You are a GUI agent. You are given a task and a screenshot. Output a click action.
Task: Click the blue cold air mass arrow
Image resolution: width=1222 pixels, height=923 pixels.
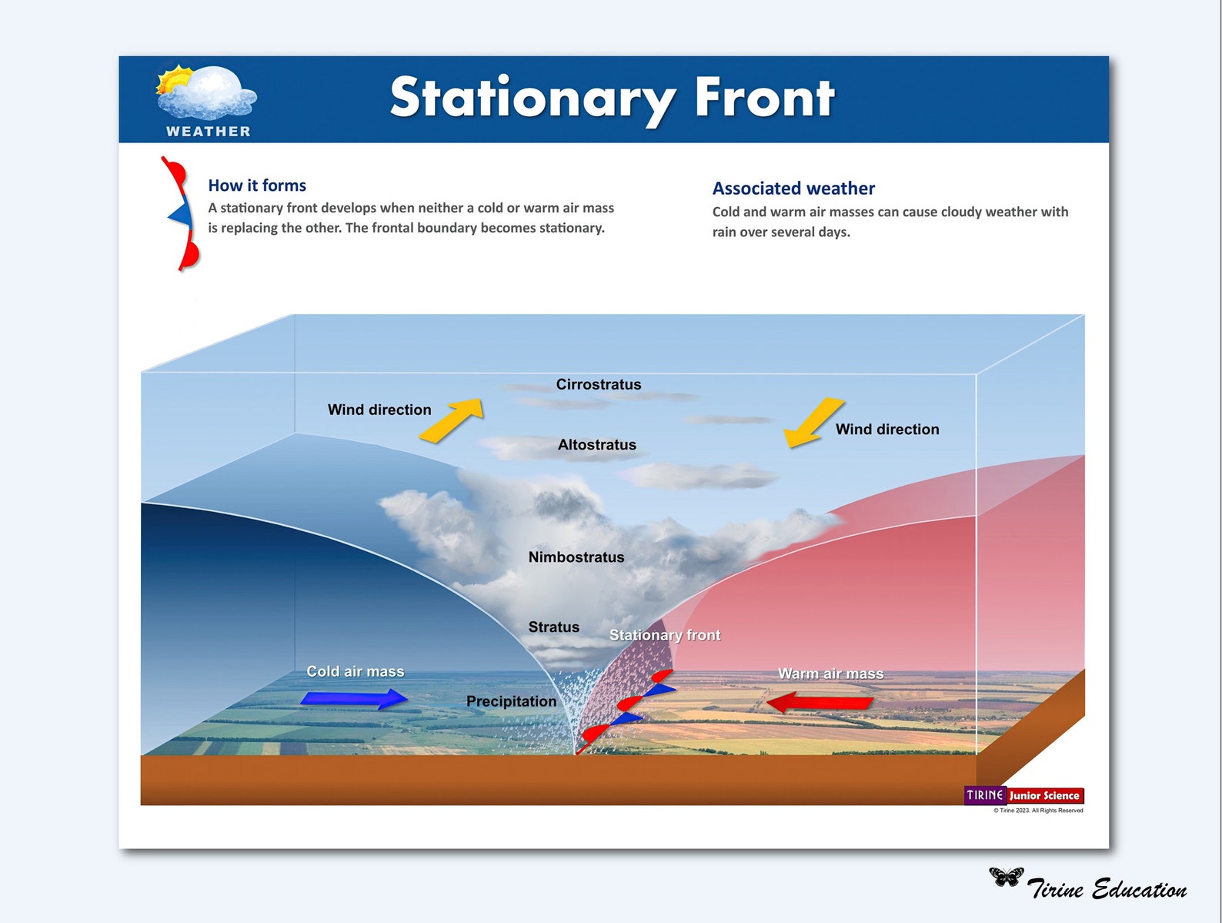point(354,698)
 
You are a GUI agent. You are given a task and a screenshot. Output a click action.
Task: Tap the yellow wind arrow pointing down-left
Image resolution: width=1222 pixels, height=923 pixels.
point(813,422)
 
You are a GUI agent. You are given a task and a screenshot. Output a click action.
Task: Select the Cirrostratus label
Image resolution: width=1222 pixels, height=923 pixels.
point(598,384)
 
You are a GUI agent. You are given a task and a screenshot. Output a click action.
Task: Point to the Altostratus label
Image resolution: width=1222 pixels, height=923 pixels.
point(596,445)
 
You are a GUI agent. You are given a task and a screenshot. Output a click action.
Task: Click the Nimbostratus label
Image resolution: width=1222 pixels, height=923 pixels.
point(576,557)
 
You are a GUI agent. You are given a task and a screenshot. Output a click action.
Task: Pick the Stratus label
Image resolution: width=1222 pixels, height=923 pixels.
point(553,627)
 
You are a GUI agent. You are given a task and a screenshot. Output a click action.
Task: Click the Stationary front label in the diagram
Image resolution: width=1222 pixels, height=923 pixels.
point(665,635)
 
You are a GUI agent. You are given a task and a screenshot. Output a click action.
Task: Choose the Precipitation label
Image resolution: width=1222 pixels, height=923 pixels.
point(511,701)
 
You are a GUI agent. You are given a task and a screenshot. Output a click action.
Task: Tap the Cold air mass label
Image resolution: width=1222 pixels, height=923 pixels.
point(355,671)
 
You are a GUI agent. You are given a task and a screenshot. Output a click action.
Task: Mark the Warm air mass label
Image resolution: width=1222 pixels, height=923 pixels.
point(830,674)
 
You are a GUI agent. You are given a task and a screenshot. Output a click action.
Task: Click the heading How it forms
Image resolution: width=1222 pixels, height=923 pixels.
point(257,186)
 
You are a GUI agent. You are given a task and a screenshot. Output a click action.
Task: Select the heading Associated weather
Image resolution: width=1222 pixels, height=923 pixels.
point(793,189)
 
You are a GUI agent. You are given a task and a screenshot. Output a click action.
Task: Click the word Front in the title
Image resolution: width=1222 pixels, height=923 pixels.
point(764,98)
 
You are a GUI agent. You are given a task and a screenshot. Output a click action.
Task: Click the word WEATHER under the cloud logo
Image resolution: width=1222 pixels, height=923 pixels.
point(209,132)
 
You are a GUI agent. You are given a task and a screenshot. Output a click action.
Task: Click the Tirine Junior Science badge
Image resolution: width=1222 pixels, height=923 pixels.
point(1023,795)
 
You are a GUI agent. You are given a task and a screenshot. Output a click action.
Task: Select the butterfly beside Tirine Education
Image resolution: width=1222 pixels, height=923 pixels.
point(1006,876)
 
